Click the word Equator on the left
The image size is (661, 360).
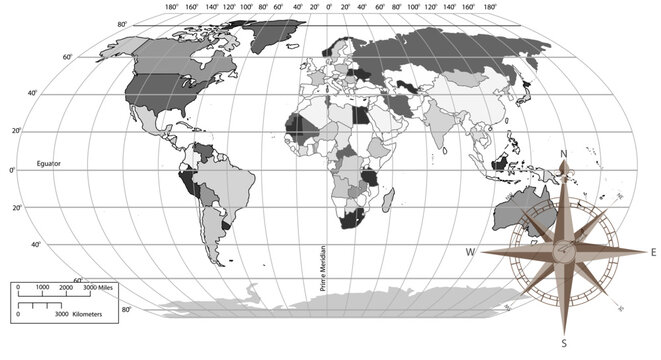click(x=49, y=162)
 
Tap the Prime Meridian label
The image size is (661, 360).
click(x=323, y=269)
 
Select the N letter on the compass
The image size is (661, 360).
click(x=564, y=152)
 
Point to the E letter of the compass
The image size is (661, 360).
click(x=653, y=251)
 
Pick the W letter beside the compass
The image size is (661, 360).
click(x=471, y=251)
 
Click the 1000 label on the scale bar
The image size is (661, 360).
click(x=42, y=288)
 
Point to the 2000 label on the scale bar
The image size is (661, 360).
click(x=67, y=288)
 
